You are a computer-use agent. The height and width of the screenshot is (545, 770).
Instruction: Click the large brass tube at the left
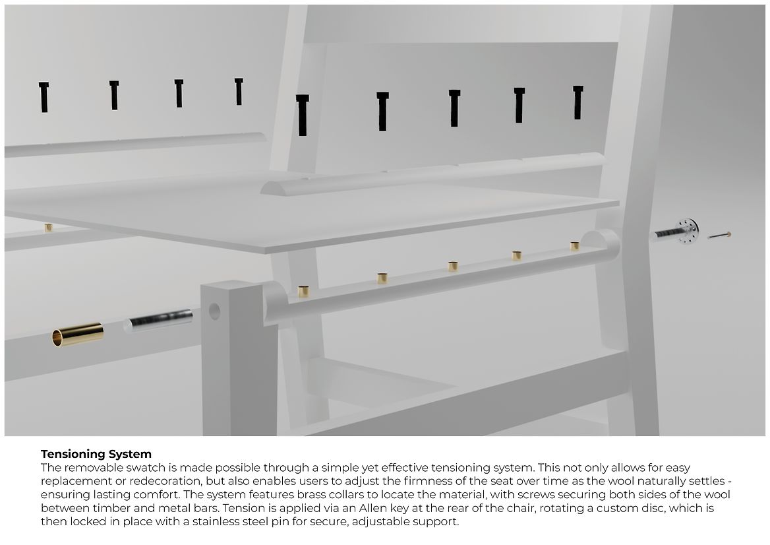(78, 334)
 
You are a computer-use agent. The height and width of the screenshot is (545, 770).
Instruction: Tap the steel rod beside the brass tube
(158, 321)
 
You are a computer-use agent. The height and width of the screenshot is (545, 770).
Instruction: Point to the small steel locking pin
(719, 236)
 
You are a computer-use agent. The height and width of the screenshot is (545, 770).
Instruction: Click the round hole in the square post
(214, 311)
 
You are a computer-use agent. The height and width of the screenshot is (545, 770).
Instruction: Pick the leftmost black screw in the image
(44, 97)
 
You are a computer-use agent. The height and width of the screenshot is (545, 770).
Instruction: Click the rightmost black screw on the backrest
(578, 102)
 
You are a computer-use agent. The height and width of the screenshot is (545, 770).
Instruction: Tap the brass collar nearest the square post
(303, 292)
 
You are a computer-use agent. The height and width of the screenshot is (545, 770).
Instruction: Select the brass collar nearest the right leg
(575, 245)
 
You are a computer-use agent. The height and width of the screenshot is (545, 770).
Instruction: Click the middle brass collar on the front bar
(454, 266)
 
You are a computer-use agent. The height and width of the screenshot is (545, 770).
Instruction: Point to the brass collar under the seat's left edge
(48, 228)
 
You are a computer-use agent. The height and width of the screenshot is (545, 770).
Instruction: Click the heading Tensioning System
(96, 453)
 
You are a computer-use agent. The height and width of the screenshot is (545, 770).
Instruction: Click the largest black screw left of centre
(303, 115)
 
